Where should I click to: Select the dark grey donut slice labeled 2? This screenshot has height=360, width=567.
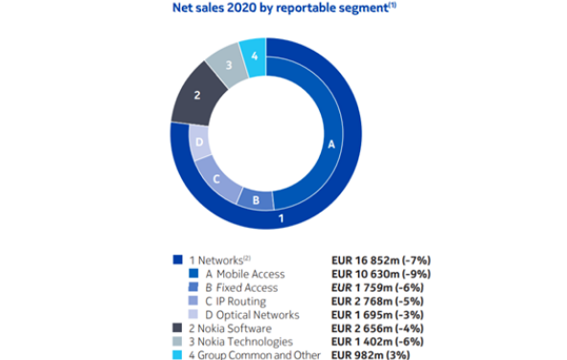pyautogui.click(x=197, y=95)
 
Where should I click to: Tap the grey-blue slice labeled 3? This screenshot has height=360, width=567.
pyautogui.click(x=227, y=65)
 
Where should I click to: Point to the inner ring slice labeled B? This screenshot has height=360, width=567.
pyautogui.click(x=256, y=200)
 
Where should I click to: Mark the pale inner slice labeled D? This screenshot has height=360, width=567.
pyautogui.click(x=199, y=143)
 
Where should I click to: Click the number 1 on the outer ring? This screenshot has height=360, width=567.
pyautogui.click(x=281, y=218)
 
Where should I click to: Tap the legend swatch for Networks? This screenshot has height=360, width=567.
pyautogui.click(x=177, y=259)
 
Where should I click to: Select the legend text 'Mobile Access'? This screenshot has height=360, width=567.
pyautogui.click(x=250, y=274)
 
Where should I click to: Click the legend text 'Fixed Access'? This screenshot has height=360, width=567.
pyautogui.click(x=247, y=287)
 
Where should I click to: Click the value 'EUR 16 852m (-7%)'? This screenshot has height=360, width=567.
pyautogui.click(x=381, y=260)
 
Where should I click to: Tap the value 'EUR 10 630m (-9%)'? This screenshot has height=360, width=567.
pyautogui.click(x=381, y=274)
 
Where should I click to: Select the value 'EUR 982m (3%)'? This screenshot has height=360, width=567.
pyautogui.click(x=371, y=355)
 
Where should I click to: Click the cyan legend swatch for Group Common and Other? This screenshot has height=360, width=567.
pyautogui.click(x=177, y=354)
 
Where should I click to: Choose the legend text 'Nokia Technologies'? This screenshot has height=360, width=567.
pyautogui.click(x=245, y=342)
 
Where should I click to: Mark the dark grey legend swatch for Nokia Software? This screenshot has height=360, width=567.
pyautogui.click(x=177, y=327)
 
